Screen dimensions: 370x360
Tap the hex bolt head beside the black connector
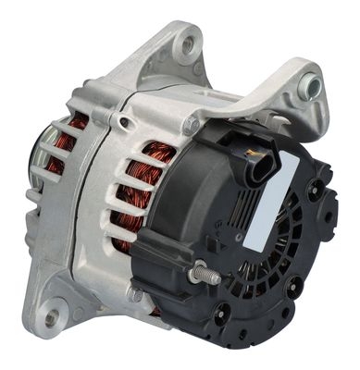point(192,123)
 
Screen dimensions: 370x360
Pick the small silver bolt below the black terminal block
point(137,294)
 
